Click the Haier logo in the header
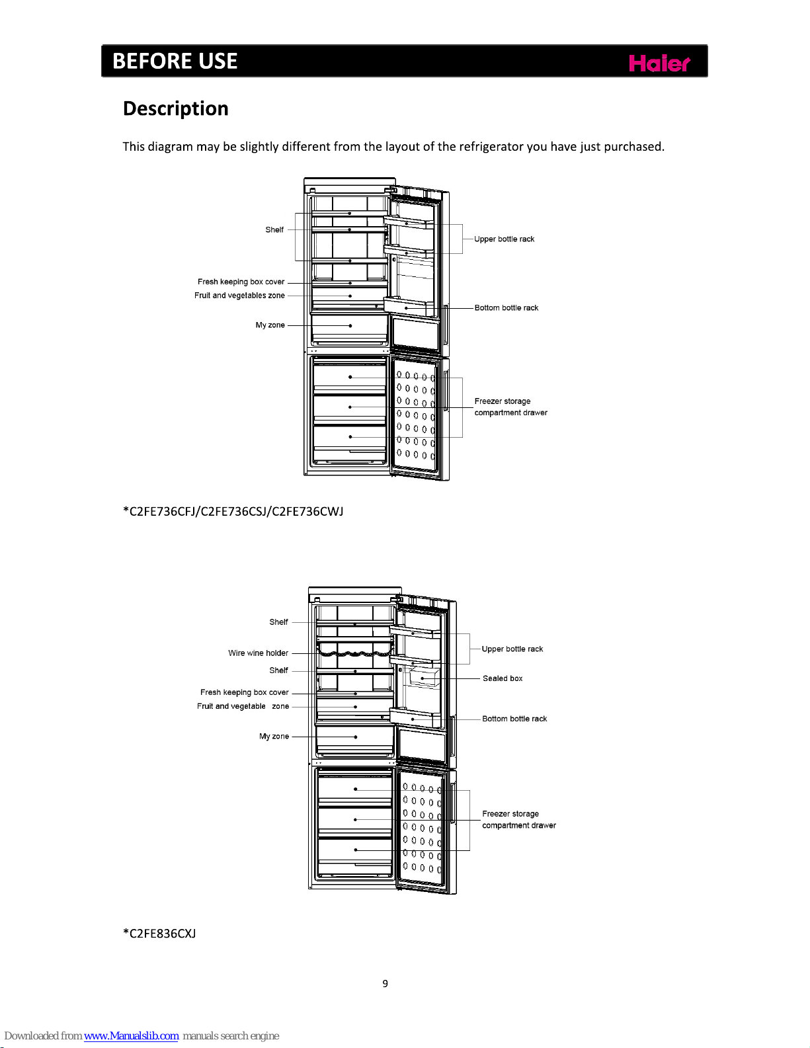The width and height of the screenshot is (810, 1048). pos(659,63)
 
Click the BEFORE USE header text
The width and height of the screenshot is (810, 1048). pos(175,61)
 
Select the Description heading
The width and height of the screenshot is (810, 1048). pos(175,108)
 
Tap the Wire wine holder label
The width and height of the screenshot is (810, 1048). pos(258,653)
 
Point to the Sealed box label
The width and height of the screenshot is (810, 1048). pos(502,678)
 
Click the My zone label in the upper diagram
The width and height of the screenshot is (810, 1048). pos(270,325)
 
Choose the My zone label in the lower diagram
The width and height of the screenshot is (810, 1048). pos(274,737)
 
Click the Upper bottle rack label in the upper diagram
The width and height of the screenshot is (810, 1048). pos(504,239)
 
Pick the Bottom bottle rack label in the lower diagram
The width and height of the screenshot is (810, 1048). pos(514,719)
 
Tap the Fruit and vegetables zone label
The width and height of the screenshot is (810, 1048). pos(239,296)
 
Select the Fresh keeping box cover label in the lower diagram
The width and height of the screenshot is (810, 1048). pos(244,692)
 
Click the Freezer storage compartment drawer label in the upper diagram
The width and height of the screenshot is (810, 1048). pos(510,407)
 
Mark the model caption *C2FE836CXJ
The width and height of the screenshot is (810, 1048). pos(159,934)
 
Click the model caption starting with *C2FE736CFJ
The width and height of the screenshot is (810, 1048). pos(233,511)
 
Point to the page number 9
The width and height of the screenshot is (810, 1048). pos(385,984)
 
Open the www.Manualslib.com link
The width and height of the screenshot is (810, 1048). pos(131,1036)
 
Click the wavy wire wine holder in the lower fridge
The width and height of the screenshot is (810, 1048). pos(355,653)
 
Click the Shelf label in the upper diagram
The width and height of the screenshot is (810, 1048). pos(274,230)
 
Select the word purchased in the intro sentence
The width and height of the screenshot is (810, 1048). pos(633,147)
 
